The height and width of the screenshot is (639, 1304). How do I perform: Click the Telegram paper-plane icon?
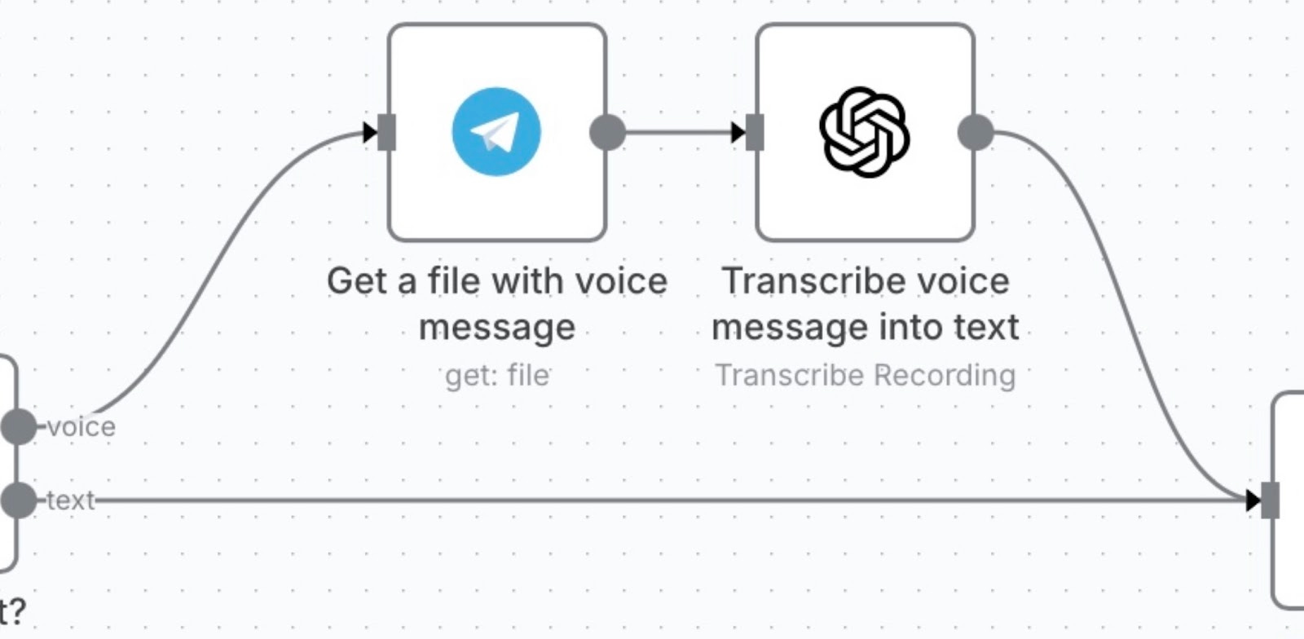pyautogui.click(x=496, y=131)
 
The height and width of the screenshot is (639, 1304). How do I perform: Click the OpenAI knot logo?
pyautogui.click(x=864, y=131)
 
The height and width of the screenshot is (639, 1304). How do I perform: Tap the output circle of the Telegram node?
pyautogui.click(x=607, y=132)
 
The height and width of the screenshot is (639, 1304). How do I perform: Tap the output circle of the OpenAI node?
pyautogui.click(x=976, y=132)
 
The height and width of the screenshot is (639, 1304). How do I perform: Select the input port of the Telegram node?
pyautogui.click(x=387, y=132)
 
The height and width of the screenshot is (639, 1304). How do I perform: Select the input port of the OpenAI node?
pyautogui.click(x=756, y=132)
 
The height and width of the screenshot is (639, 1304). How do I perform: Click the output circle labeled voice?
pyautogui.click(x=18, y=426)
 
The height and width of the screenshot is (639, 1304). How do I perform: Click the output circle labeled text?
pyautogui.click(x=18, y=500)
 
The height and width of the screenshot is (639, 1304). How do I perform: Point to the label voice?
pyautogui.click(x=81, y=426)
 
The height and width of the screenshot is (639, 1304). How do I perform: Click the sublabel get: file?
pyautogui.click(x=497, y=375)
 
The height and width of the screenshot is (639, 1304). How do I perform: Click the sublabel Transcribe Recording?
pyautogui.click(x=866, y=375)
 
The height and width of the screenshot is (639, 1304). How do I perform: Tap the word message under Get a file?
pyautogui.click(x=497, y=328)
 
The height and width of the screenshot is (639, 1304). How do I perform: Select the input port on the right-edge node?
pyautogui.click(x=1270, y=500)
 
